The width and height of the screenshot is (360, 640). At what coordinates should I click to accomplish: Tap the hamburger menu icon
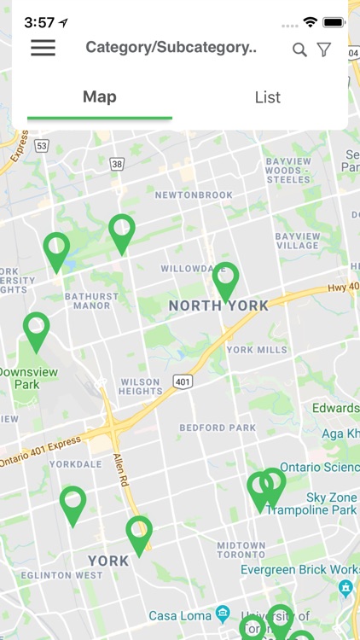click(43, 48)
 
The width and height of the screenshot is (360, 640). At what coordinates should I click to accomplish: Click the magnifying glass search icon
click(299, 49)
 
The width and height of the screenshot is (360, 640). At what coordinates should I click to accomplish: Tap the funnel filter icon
click(324, 49)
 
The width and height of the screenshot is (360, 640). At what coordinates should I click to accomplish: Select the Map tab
click(100, 96)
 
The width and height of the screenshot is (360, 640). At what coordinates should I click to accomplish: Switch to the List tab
click(267, 96)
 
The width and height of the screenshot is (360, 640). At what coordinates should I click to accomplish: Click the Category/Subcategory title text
click(171, 48)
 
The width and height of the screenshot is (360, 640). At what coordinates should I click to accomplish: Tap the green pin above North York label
click(225, 278)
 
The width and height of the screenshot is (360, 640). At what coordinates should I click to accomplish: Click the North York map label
click(218, 305)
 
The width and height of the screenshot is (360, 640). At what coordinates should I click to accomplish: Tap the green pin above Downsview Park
click(36, 329)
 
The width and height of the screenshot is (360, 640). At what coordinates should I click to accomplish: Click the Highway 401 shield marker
click(182, 381)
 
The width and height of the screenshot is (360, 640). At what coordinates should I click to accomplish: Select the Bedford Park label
click(218, 428)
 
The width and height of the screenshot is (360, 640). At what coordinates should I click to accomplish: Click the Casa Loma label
click(180, 615)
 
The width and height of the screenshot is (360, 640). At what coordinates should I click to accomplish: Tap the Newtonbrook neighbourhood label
click(194, 195)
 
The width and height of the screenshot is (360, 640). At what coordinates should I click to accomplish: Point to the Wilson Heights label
click(141, 387)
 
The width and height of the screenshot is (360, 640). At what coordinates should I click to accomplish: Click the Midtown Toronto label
click(241, 550)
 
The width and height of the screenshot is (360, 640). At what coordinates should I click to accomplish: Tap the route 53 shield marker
click(42, 146)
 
